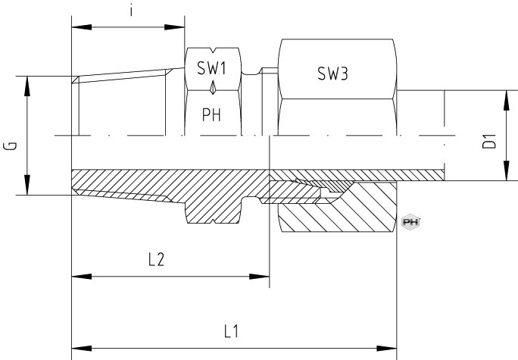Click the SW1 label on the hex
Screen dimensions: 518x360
(x=212, y=68)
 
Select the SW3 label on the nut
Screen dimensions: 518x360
(x=332, y=74)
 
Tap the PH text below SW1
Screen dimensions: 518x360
(x=211, y=114)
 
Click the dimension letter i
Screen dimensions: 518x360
(x=132, y=11)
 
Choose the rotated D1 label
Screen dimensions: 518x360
(x=489, y=141)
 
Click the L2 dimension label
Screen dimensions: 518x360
(x=156, y=259)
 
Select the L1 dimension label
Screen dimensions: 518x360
(x=231, y=331)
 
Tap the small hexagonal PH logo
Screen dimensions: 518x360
(x=410, y=222)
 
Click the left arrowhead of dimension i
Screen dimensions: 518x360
(x=81, y=27)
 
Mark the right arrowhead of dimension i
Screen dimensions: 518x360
(x=174, y=27)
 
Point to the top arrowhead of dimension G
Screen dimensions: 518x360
(x=27, y=86)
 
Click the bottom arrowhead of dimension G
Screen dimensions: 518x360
(x=27, y=185)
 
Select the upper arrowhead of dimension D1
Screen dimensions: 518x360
(x=506, y=100)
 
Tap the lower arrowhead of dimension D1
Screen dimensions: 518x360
(x=506, y=171)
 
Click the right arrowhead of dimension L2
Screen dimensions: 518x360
(x=260, y=277)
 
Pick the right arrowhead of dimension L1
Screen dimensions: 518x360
(x=387, y=349)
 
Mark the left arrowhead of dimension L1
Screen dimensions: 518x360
(x=81, y=349)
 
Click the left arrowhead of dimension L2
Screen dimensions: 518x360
(x=81, y=277)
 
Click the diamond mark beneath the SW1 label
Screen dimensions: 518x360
(x=213, y=88)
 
